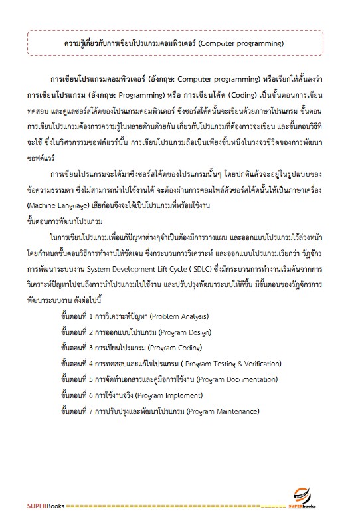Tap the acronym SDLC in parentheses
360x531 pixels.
(247, 253)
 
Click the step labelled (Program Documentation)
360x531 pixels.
(227, 379)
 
